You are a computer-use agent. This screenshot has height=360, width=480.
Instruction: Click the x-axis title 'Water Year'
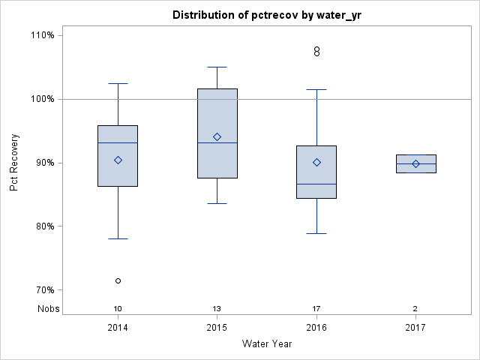[x=266, y=344]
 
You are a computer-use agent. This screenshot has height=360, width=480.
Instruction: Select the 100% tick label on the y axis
[x=42, y=99]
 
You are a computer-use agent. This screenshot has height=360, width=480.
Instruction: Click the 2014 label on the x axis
[x=118, y=328]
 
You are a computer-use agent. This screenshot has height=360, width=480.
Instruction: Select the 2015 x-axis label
[x=217, y=328]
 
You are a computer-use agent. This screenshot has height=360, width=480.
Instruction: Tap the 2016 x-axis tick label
[x=316, y=328]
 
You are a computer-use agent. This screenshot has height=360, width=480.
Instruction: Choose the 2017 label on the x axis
[x=415, y=328]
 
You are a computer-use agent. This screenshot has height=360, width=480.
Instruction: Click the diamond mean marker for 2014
[x=118, y=160]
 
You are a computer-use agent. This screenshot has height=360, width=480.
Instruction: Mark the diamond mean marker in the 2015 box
[x=217, y=136]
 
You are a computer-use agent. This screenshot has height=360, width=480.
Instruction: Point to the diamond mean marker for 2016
[x=316, y=162]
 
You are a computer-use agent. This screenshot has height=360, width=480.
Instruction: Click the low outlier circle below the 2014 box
[x=118, y=280]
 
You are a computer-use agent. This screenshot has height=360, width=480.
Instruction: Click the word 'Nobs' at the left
[x=49, y=308]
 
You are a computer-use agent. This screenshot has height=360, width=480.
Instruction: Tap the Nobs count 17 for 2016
[x=316, y=308]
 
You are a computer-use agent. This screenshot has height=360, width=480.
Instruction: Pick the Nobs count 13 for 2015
[x=217, y=308]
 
